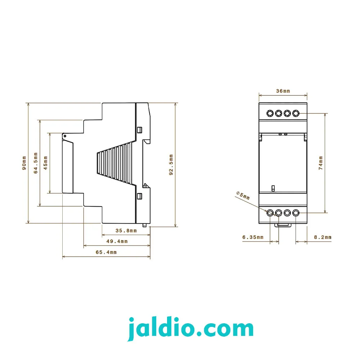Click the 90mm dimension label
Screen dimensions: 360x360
tap(24, 163)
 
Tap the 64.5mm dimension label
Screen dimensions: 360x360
tap(36, 163)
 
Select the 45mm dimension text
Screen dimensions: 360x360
tap(45, 163)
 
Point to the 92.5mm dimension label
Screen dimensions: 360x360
tap(171, 165)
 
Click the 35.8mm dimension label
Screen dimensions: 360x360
tap(126, 230)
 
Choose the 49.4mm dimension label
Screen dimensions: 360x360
tap(117, 241)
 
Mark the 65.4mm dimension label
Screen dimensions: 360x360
tap(106, 252)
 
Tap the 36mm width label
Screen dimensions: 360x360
tap(283, 91)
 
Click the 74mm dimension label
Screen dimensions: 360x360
tap(321, 163)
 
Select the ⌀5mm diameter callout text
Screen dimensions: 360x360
tap(243, 195)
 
